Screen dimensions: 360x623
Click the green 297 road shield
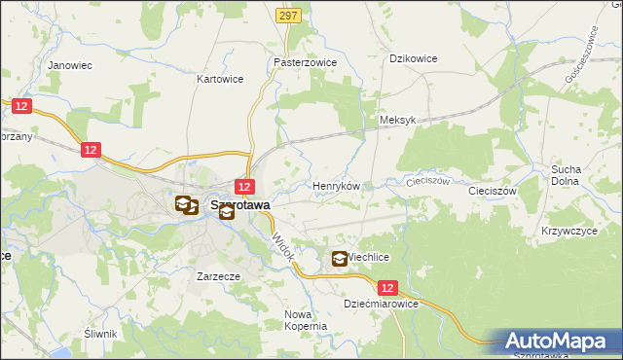287,16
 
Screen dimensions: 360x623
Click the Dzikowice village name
413,58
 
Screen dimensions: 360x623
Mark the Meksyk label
397,121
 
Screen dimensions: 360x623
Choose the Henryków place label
336,185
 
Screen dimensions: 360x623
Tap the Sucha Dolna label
565,175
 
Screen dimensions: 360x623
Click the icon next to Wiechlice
340,258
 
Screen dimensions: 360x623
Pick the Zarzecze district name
218,276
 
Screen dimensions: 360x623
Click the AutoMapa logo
561,342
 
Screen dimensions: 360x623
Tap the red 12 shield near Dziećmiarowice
388,288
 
